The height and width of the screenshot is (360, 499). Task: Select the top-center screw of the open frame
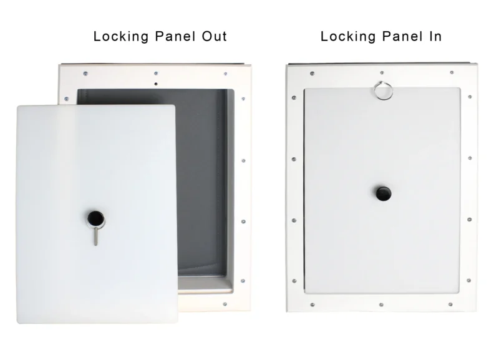[154, 72]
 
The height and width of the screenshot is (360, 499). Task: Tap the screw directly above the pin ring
[381, 74]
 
